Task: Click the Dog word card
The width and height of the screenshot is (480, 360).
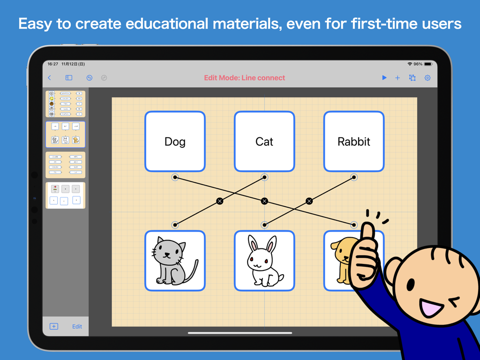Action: [x=175, y=141]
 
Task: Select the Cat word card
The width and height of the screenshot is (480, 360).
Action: [x=264, y=141]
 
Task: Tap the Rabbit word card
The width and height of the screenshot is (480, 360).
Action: [x=354, y=141]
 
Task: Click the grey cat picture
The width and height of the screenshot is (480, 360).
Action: [x=175, y=261]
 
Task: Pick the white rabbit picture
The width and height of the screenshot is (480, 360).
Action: [x=264, y=261]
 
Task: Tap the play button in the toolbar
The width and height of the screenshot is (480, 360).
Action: [x=384, y=78]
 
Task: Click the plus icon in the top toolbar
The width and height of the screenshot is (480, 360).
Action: [x=397, y=78]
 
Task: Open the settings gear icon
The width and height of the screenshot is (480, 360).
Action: [x=427, y=78]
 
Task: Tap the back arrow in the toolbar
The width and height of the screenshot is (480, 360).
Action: [x=50, y=78]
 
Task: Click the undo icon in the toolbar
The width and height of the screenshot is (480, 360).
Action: [x=89, y=78]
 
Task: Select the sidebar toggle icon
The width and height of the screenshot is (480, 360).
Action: [x=69, y=78]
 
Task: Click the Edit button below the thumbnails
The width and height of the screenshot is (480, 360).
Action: [x=77, y=326]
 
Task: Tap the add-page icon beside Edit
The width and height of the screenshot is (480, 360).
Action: [x=54, y=326]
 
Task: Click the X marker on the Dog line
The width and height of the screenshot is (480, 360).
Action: [x=264, y=201]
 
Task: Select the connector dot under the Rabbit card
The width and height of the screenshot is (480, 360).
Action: [x=354, y=177]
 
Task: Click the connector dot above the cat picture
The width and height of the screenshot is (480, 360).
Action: [x=175, y=225]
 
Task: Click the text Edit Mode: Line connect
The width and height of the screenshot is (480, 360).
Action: [x=244, y=78]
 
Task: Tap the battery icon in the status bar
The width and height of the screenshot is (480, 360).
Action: [x=428, y=64]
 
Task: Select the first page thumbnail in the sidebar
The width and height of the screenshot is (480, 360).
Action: [x=66, y=104]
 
